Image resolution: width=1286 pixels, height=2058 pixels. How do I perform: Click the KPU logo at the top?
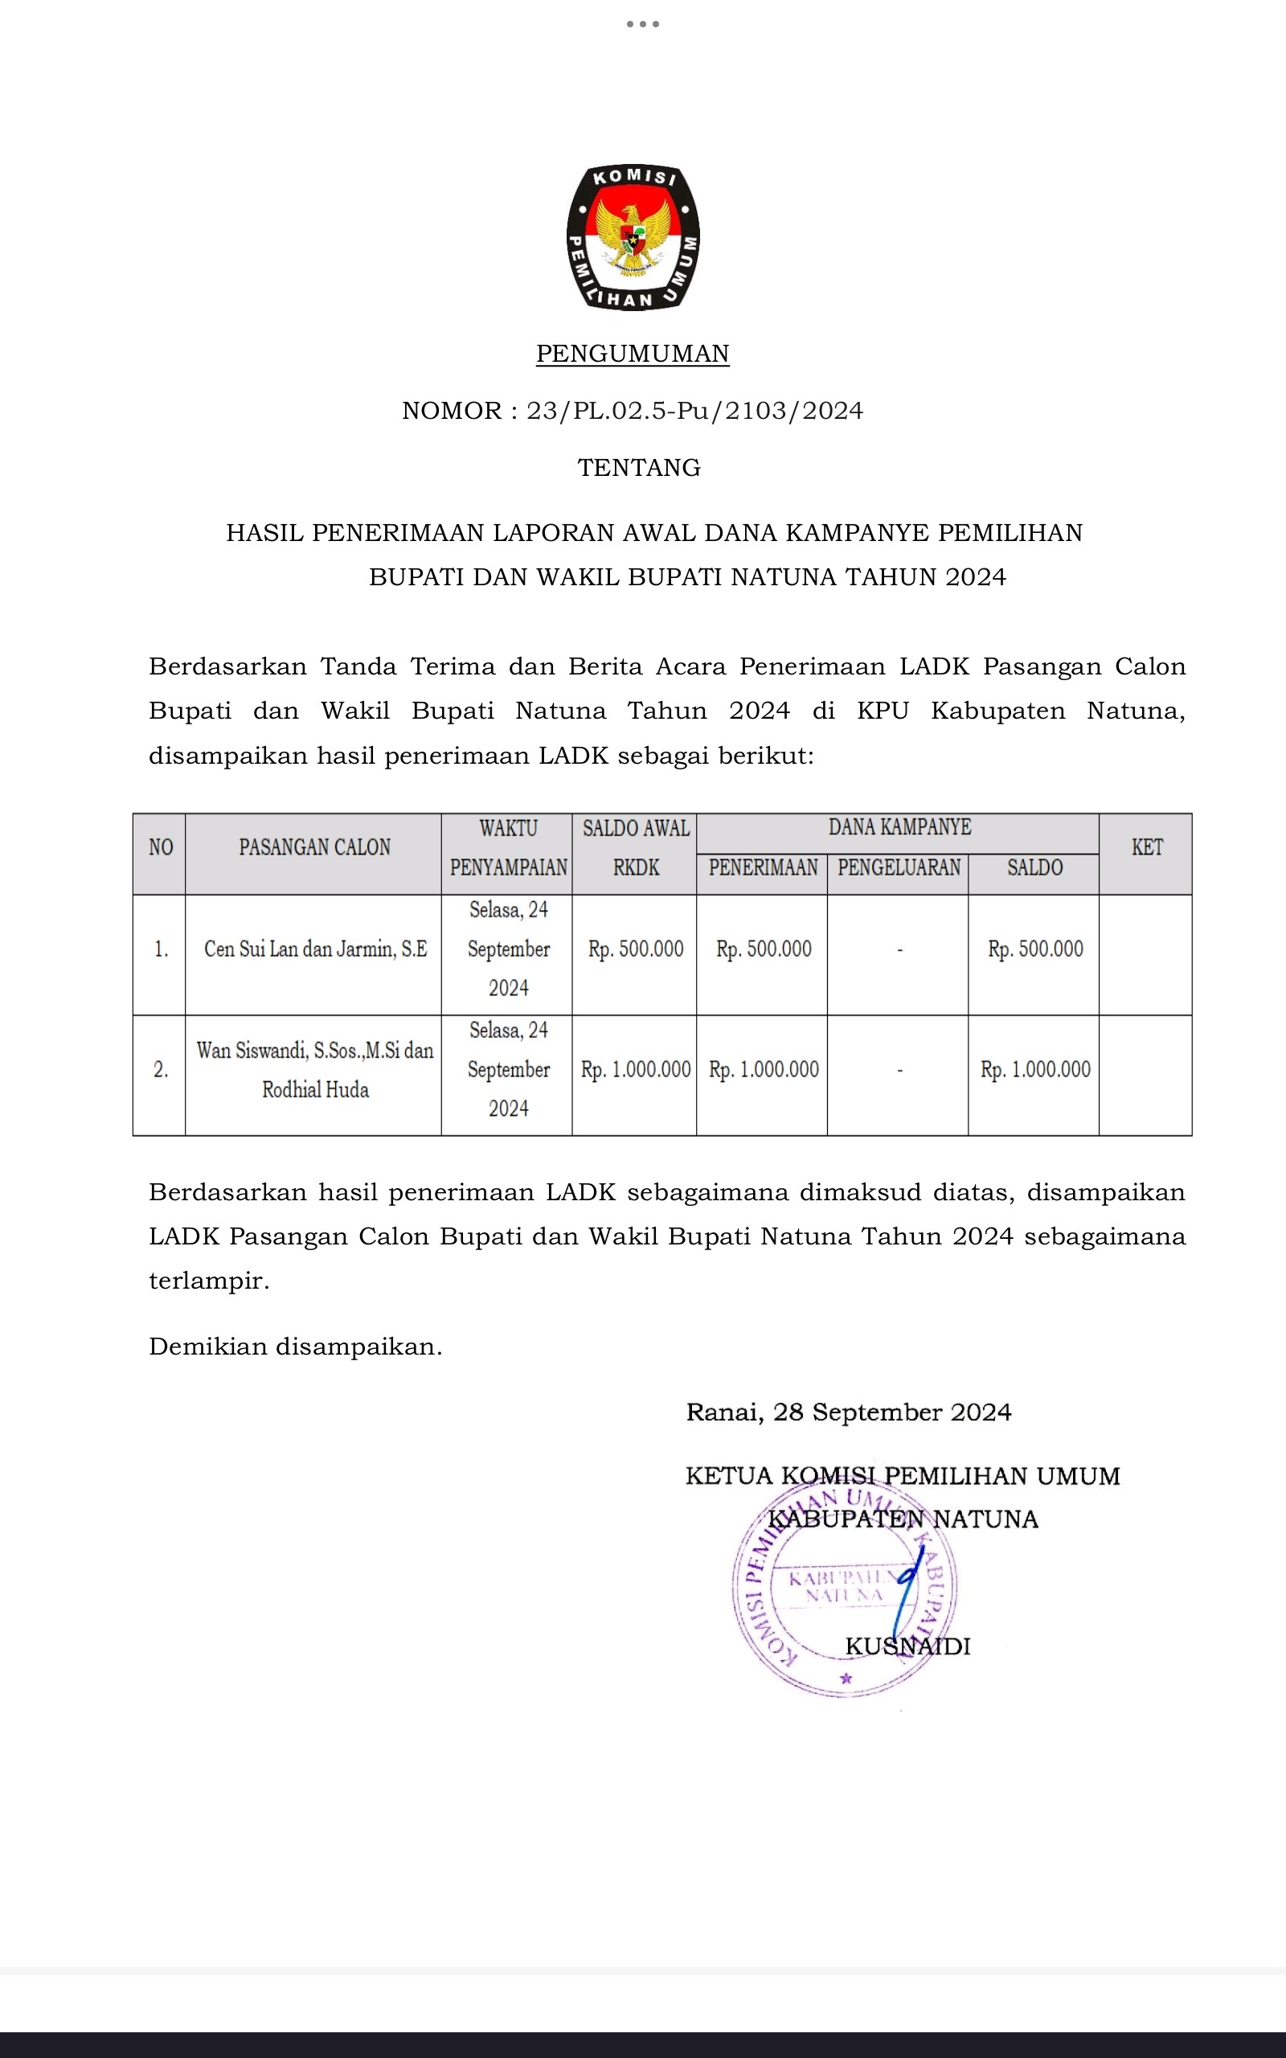pos(633,237)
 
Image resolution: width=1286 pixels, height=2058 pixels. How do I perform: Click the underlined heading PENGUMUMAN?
pos(633,354)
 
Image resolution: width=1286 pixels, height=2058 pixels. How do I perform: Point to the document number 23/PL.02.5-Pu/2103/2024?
pos(694,411)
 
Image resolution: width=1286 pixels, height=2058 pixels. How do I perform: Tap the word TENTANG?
pos(639,468)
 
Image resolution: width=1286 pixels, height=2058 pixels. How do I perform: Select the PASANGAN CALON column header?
pos(313,847)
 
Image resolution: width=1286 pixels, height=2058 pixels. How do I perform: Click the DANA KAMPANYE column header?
pos(899,827)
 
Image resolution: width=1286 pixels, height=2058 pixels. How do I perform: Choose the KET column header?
pos(1146,847)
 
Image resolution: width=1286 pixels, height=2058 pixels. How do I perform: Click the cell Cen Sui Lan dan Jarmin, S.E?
pos(315,949)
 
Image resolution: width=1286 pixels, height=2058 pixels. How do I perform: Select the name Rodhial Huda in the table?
pos(315,1090)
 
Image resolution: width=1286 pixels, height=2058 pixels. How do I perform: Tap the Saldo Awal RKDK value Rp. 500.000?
pos(635,949)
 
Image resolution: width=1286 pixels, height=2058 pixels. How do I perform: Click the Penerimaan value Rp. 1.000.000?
pos(763,1070)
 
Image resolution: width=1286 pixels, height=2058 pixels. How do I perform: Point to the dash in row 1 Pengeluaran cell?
pos(899,950)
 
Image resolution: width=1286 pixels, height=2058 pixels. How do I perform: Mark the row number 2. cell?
pos(160,1070)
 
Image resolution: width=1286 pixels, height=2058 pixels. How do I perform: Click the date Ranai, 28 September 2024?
pos(848,1412)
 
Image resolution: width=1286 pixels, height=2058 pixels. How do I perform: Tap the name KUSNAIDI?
pos(907,1646)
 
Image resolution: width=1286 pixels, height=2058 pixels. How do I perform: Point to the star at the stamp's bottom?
pos(846,1679)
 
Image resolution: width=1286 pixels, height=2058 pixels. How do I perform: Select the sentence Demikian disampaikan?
pos(295,1347)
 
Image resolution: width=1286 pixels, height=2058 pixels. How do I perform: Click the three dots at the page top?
pos(642,24)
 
